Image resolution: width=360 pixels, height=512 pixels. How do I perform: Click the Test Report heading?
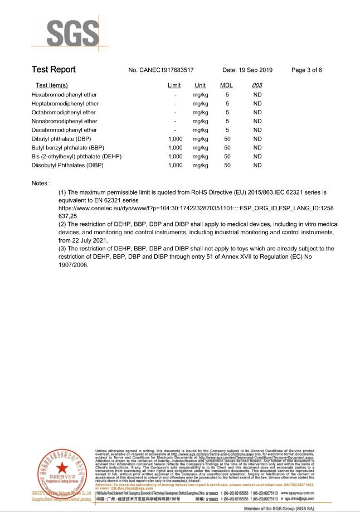(x=53, y=70)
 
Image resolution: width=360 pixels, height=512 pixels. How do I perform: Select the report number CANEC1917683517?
(x=161, y=70)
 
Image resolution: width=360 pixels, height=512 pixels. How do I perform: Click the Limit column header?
(x=174, y=85)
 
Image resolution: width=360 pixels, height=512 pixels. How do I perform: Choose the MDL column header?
(x=226, y=85)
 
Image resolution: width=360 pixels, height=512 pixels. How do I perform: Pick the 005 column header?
(x=257, y=85)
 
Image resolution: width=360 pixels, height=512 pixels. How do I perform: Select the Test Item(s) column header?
(x=52, y=85)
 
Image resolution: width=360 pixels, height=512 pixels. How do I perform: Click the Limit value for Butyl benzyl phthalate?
(x=175, y=148)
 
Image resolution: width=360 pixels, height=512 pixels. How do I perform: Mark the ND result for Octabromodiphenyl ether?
(x=257, y=112)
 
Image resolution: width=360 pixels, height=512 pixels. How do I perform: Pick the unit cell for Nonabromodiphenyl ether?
(x=200, y=121)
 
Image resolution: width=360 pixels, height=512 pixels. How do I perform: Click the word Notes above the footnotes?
(x=41, y=183)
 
